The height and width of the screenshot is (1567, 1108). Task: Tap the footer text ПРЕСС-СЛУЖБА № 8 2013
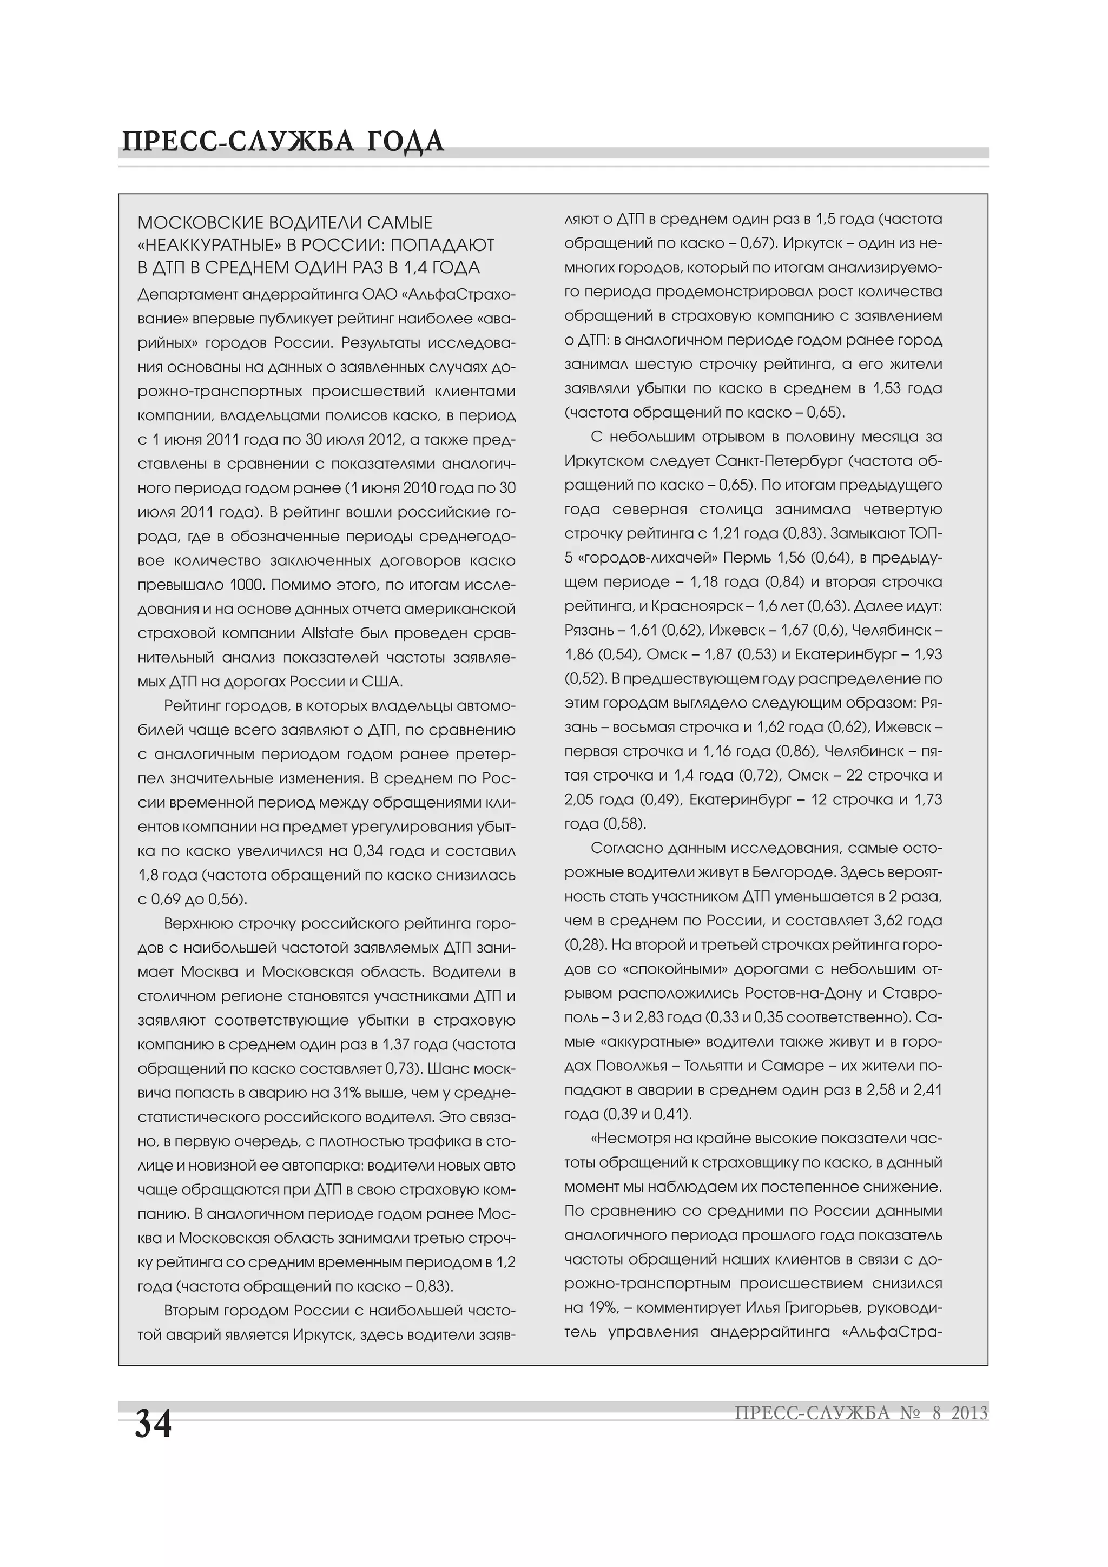click(x=861, y=1413)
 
